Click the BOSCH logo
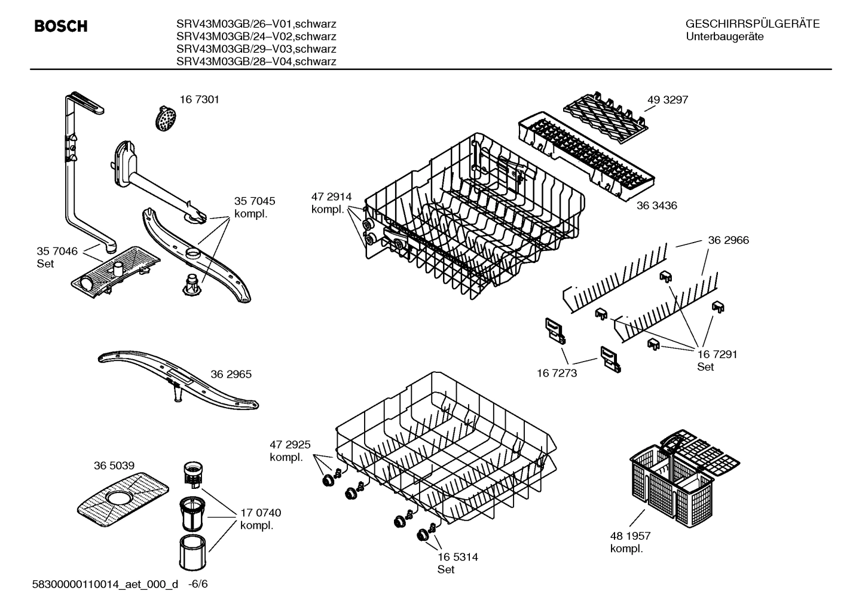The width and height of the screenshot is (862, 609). pos(61,26)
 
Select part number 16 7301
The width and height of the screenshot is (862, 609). pos(200,100)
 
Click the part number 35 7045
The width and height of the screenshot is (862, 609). pos(255,201)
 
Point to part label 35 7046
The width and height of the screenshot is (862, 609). pos(57,251)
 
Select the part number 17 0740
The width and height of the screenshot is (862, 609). pos(261,513)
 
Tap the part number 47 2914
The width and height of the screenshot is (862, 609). pos(331,197)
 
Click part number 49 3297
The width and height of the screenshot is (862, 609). pos(668,100)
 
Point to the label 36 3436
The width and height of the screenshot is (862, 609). pos(656,206)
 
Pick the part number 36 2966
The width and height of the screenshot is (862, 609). pos(728,240)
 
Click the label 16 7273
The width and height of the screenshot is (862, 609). pos(557,373)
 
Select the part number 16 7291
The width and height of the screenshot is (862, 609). pos(717,354)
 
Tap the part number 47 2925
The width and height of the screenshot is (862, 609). pos(290,445)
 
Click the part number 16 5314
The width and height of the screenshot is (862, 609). pos(457,557)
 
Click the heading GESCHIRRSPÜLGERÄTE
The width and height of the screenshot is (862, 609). pos(752,24)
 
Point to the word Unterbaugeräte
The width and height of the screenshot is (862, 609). pos(724,36)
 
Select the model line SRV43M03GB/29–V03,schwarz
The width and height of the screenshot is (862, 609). pos(256,49)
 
